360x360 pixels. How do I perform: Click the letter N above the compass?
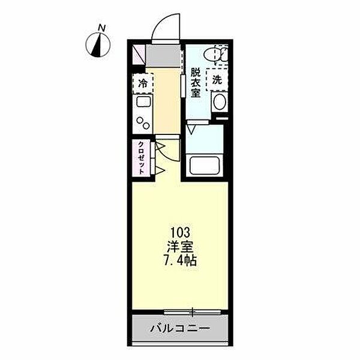click(x=103, y=28)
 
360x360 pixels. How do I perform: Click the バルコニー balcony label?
click(x=179, y=329)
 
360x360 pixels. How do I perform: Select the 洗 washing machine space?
click(x=217, y=79)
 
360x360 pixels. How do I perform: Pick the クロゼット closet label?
click(x=140, y=158)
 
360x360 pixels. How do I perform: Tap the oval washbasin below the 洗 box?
click(x=220, y=101)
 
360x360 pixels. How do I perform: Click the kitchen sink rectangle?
click(x=145, y=106)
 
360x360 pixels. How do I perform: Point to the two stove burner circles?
click(x=145, y=124)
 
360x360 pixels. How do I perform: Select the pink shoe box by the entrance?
click(x=138, y=55)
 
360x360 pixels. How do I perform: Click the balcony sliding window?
click(x=193, y=311)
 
